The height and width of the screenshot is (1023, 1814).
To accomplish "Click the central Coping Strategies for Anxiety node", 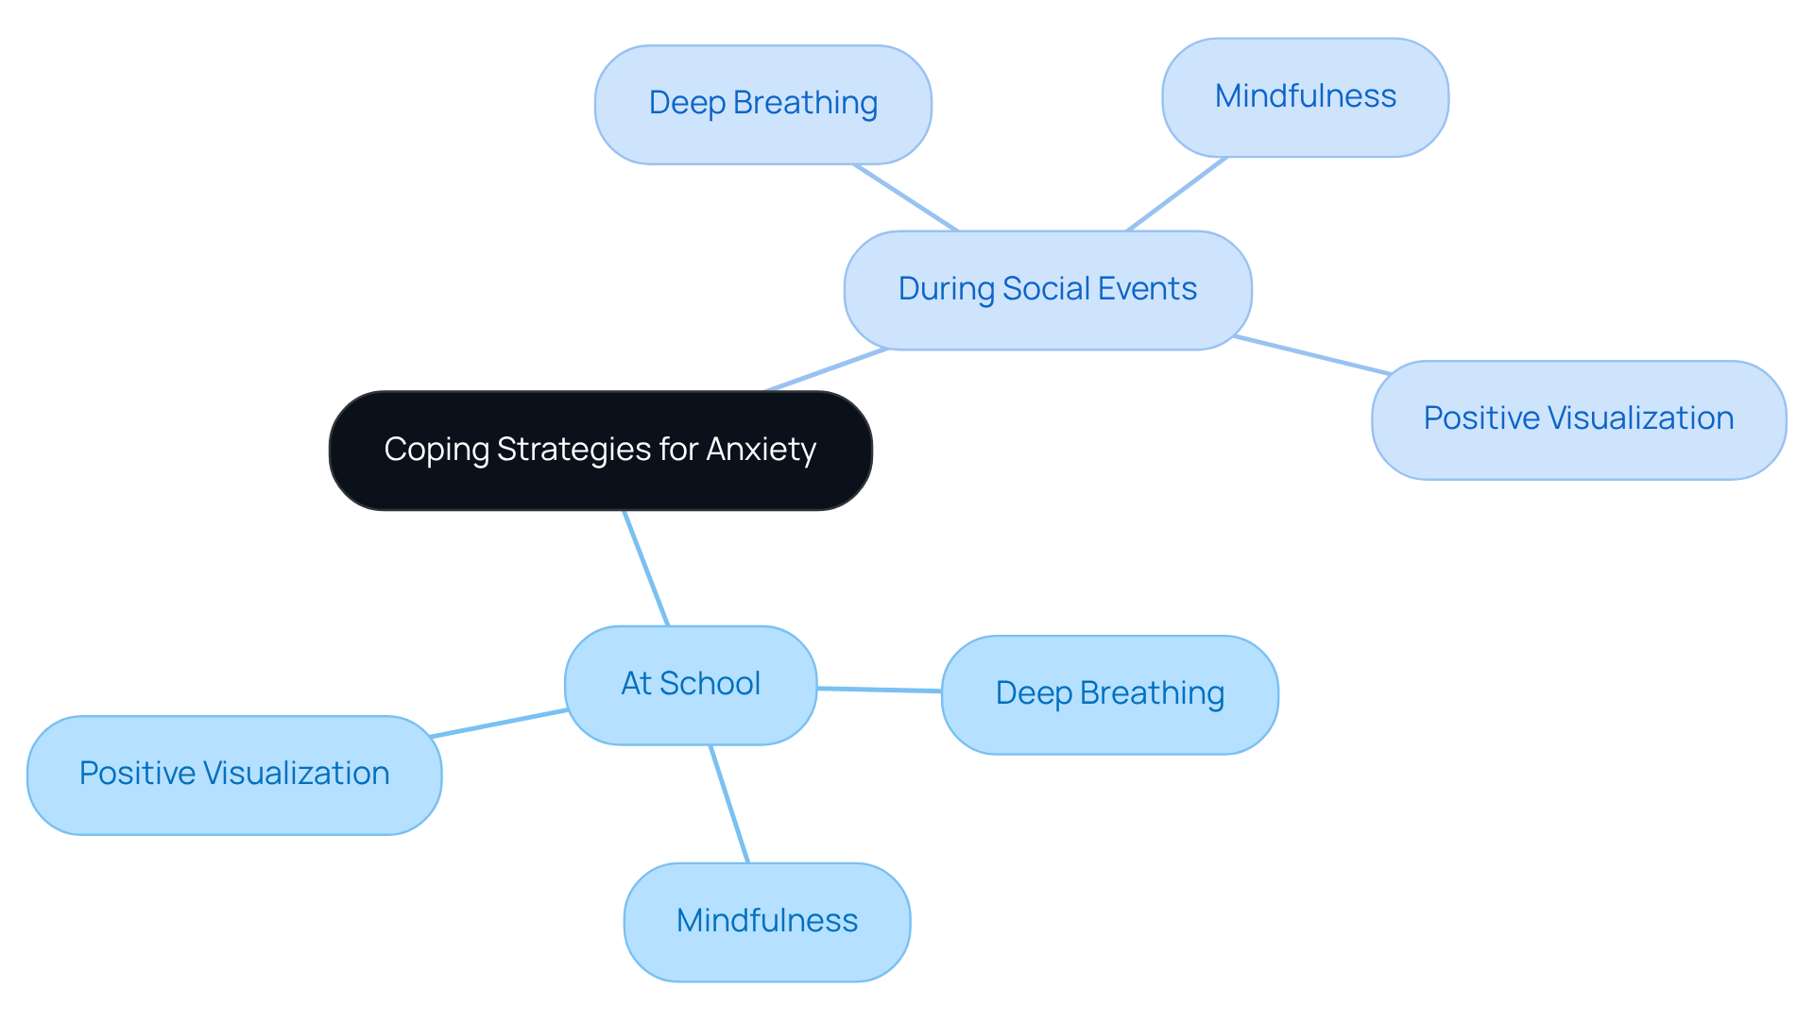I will pyautogui.click(x=600, y=451).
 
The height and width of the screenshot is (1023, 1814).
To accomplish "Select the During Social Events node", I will pyautogui.click(x=1047, y=290).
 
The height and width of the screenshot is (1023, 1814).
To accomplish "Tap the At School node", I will pyautogui.click(x=690, y=685).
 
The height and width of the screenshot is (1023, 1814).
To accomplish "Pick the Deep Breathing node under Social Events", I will pyautogui.click(x=762, y=104).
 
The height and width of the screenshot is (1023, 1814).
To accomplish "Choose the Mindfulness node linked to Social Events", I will pyautogui.click(x=1305, y=97).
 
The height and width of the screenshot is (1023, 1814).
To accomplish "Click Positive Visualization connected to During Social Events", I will pyautogui.click(x=1578, y=419).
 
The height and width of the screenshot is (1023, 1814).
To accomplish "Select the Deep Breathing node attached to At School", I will pyautogui.click(x=1109, y=694).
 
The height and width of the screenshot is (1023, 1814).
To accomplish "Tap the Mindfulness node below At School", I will pyautogui.click(x=766, y=921).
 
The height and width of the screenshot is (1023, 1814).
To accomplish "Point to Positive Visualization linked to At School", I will pyautogui.click(x=234, y=775).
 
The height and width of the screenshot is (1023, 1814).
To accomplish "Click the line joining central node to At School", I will pyautogui.click(x=646, y=568).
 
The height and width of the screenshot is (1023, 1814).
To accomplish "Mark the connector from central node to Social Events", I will pyautogui.click(x=827, y=369).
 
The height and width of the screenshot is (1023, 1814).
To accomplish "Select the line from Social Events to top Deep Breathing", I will pyautogui.click(x=905, y=196).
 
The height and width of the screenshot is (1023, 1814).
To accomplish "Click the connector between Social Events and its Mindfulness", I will pyautogui.click(x=1177, y=194).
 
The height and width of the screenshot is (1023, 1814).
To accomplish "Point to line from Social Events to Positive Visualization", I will pyautogui.click(x=1311, y=354).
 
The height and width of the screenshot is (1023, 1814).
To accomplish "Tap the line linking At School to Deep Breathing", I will pyautogui.click(x=879, y=690).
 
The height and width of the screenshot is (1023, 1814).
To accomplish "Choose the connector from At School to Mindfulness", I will pyautogui.click(x=729, y=804).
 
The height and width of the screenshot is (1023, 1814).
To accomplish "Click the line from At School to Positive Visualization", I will pyautogui.click(x=499, y=723).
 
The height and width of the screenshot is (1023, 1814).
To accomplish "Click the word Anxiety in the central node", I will pyautogui.click(x=761, y=450).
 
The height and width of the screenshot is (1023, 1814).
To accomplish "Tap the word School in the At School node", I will pyautogui.click(x=723, y=684).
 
